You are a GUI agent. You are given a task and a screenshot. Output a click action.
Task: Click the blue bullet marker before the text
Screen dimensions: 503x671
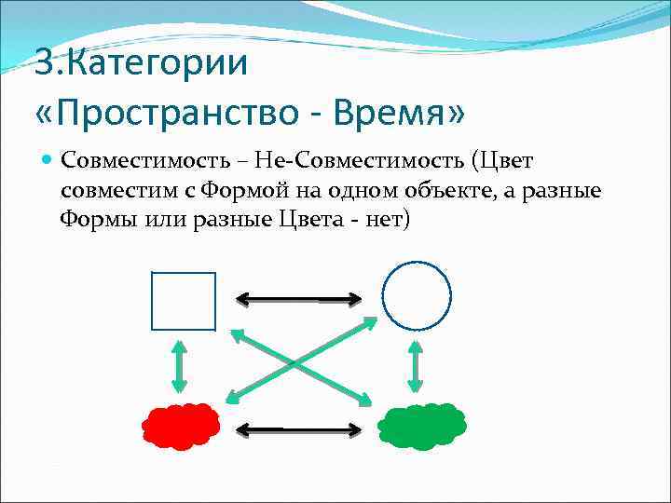click(48, 159)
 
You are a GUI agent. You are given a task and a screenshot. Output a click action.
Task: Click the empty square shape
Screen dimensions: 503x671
click(184, 301)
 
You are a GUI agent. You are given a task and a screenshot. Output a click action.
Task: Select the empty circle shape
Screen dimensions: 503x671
click(417, 296)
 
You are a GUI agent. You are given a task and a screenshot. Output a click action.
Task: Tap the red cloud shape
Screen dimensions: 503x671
click(181, 426)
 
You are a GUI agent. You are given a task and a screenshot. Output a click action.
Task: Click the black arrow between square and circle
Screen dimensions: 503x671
click(298, 299)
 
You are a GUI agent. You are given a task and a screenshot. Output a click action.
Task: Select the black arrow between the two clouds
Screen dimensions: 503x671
click(298, 429)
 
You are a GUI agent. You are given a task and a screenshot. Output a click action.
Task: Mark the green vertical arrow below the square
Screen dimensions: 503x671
click(180, 367)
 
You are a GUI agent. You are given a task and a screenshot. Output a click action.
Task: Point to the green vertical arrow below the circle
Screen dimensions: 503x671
click(416, 366)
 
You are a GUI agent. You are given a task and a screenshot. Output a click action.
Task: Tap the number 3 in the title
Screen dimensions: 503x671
click(44, 64)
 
